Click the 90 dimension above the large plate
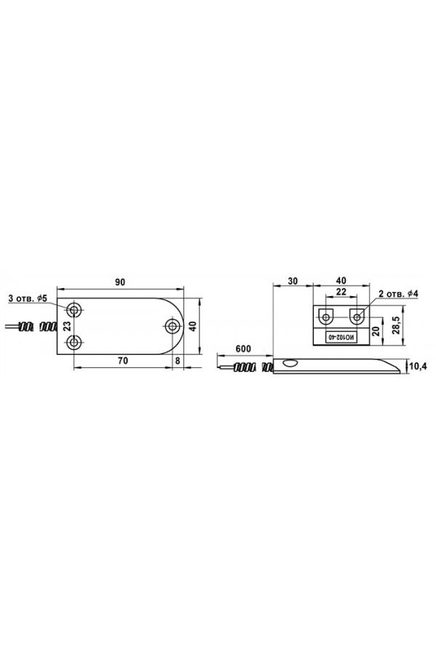[x=119, y=282]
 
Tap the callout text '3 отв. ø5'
[x=28, y=298]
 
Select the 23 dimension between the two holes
[x=68, y=326]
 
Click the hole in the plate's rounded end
[x=172, y=327]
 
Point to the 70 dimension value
[x=123, y=361]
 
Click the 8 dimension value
[x=178, y=361]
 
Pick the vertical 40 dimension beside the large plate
[x=193, y=326]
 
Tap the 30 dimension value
[x=293, y=281]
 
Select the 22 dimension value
[x=341, y=291]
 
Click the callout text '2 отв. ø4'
[x=397, y=294]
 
